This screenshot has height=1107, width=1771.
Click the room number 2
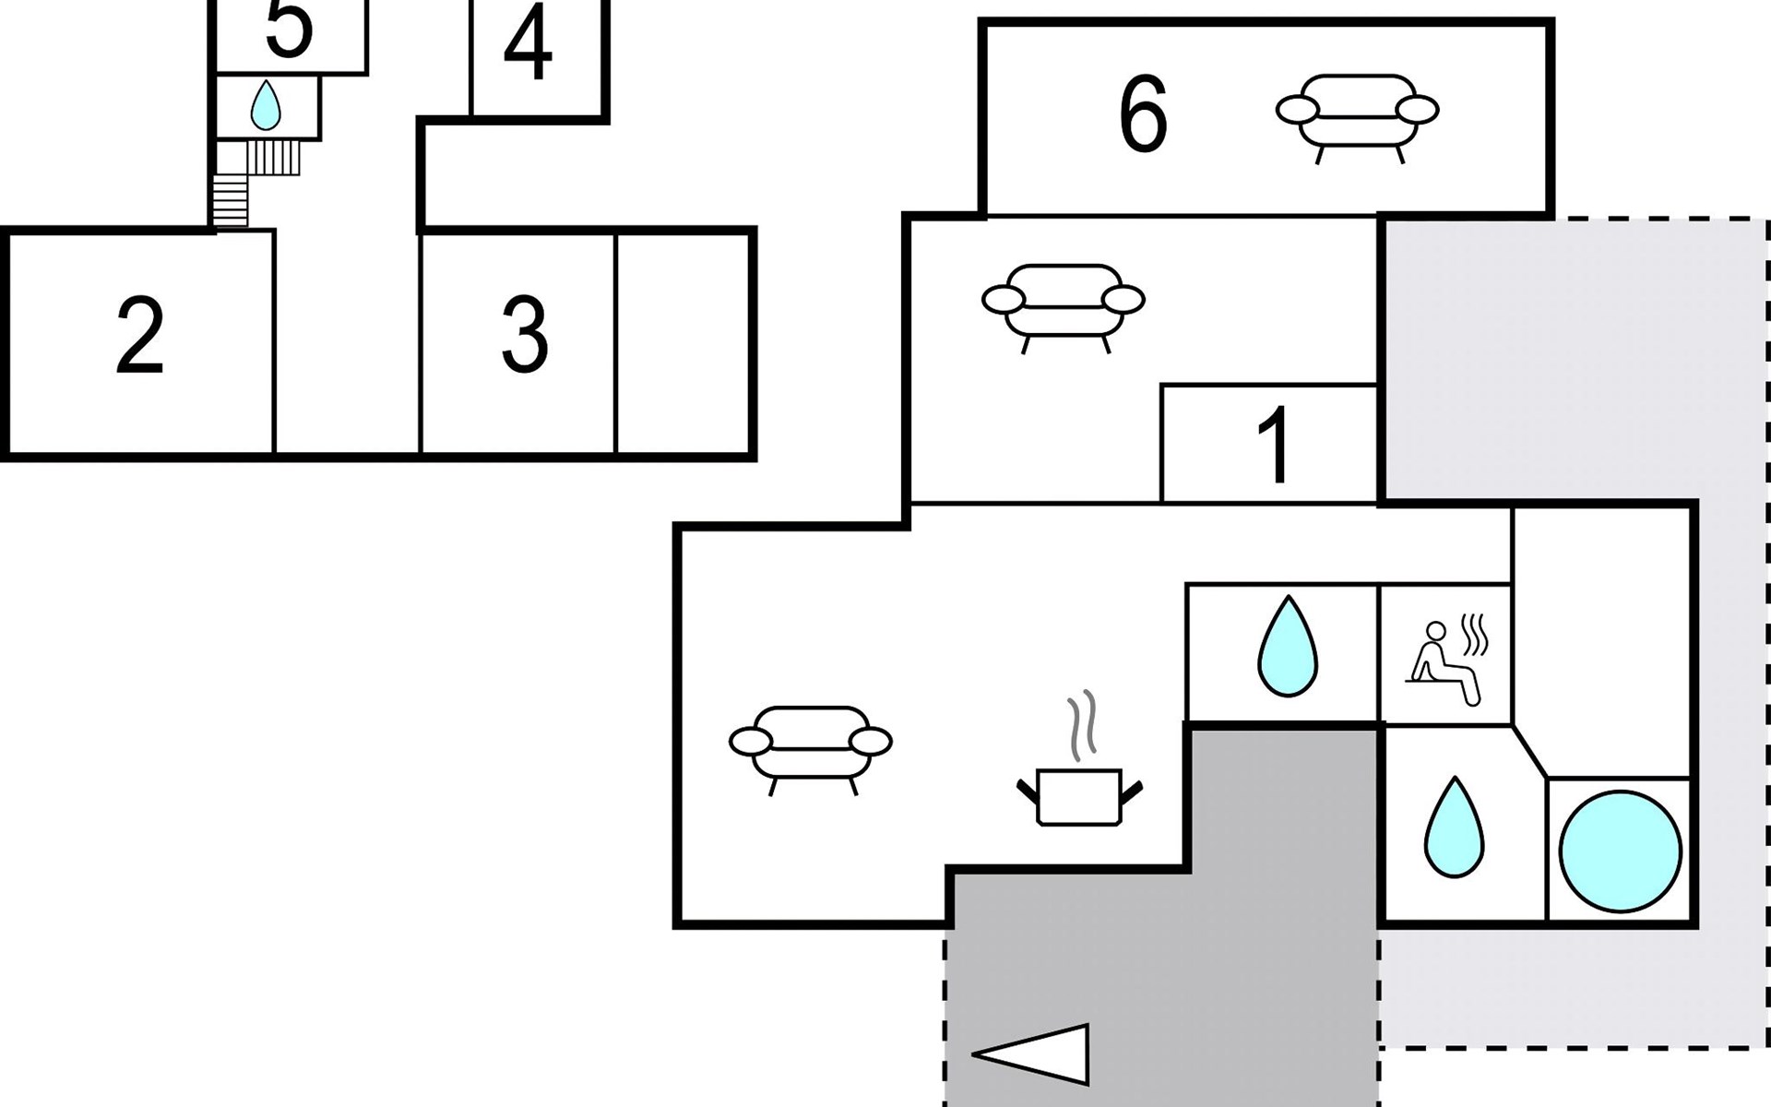140,337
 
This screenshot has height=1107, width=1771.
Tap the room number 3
525,336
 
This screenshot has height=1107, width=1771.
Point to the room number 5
289,28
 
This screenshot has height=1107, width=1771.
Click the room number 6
1143,114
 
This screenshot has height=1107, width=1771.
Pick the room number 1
1274,446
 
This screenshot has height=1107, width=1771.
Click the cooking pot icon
1079,795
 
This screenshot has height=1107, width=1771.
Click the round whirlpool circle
1620,851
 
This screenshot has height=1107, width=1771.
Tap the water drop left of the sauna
1288,646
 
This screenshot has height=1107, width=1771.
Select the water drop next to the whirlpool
1454,827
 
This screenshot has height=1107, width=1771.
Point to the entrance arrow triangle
1033,1053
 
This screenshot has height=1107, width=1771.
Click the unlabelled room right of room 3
683,343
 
